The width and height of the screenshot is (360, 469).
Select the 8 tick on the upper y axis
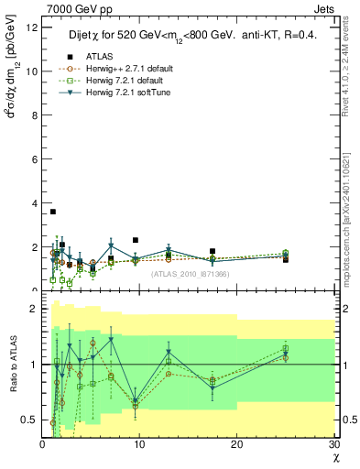pyautogui.click(x=34, y=115)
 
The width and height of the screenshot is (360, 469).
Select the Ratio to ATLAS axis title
pyautogui.click(x=13, y=365)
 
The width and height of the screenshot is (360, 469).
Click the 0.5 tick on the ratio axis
pyautogui.click(x=29, y=420)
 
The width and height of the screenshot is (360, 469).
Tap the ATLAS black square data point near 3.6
pyautogui.click(x=52, y=212)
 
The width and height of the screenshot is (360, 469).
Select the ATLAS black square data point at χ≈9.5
pyautogui.click(x=136, y=240)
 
